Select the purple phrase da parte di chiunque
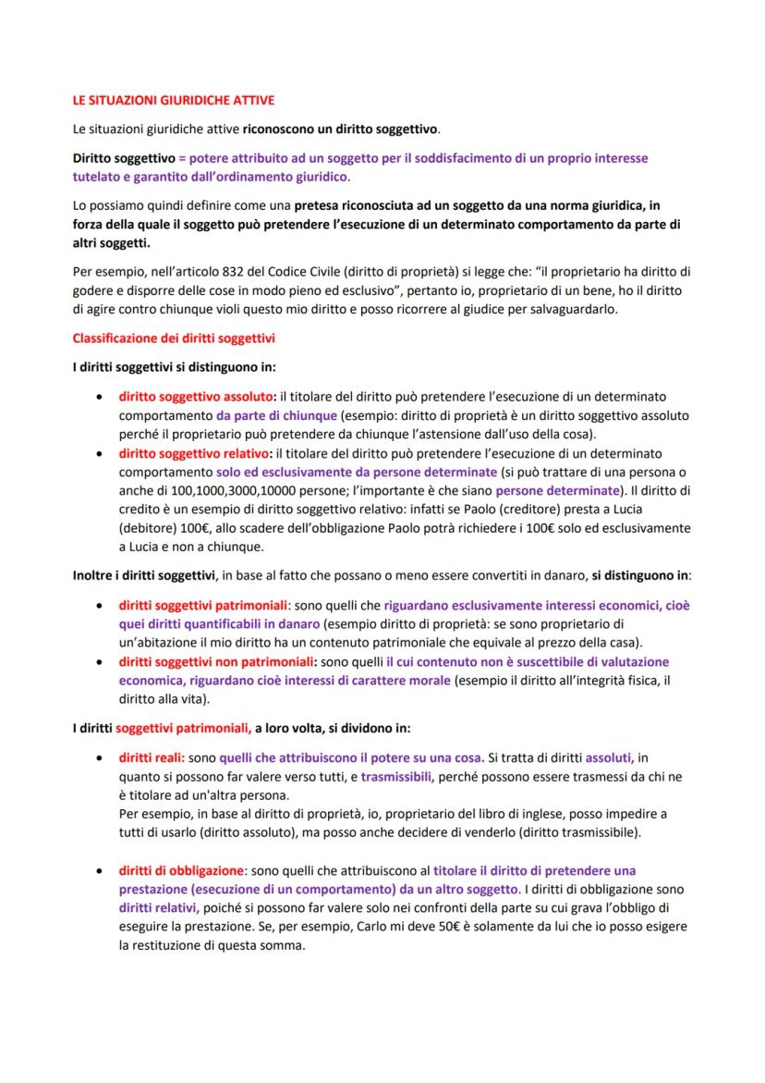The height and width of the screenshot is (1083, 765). pos(277,416)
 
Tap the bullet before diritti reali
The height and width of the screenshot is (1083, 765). pos(99,757)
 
